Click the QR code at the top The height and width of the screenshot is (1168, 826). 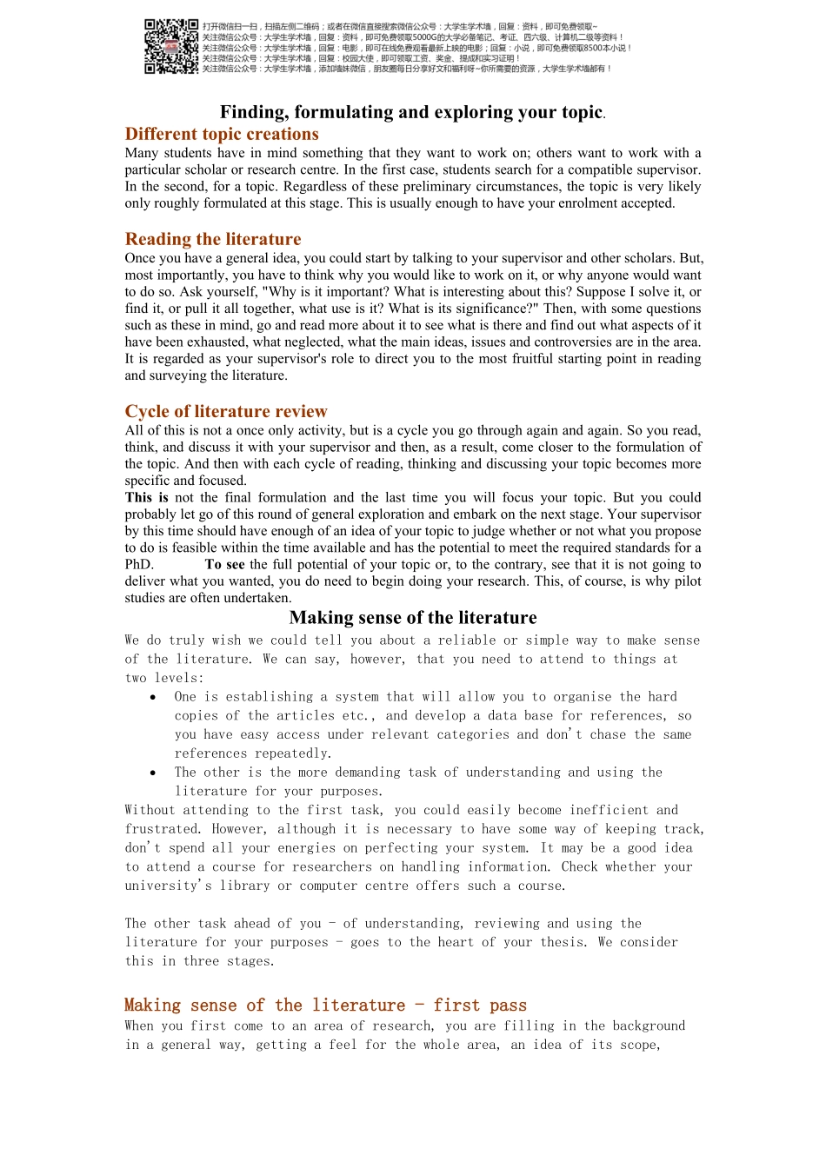pos(171,47)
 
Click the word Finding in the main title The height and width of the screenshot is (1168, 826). pos(253,112)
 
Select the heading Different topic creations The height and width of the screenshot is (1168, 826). pos(222,134)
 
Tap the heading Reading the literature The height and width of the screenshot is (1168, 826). pos(213,239)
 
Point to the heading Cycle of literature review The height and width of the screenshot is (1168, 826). pos(226,411)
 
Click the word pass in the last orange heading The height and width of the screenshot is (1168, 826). pos(508,1005)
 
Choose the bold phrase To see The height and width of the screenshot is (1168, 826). pos(224,564)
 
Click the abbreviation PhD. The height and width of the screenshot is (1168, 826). pos(138,564)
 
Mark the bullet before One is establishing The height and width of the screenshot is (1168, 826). pos(154,697)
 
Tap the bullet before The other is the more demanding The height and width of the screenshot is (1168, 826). pos(154,773)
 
